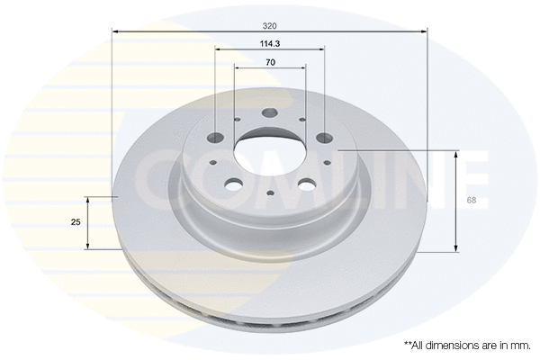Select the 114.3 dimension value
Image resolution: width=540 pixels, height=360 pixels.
point(270,42)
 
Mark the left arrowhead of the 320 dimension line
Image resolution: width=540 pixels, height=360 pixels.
point(115,32)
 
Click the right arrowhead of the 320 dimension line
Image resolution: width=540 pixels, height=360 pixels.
point(424,32)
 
